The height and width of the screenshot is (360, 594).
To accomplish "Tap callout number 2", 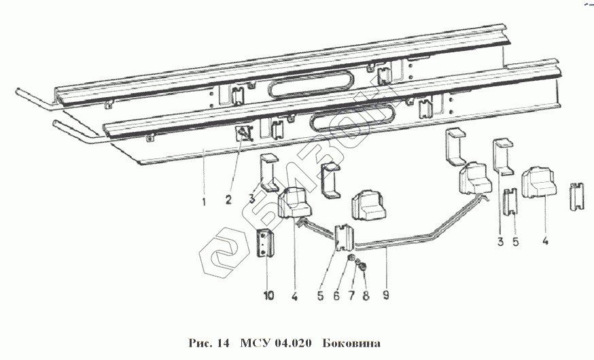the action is pos(228,200).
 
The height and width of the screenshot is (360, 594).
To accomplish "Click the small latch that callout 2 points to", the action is pos(243,133).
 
